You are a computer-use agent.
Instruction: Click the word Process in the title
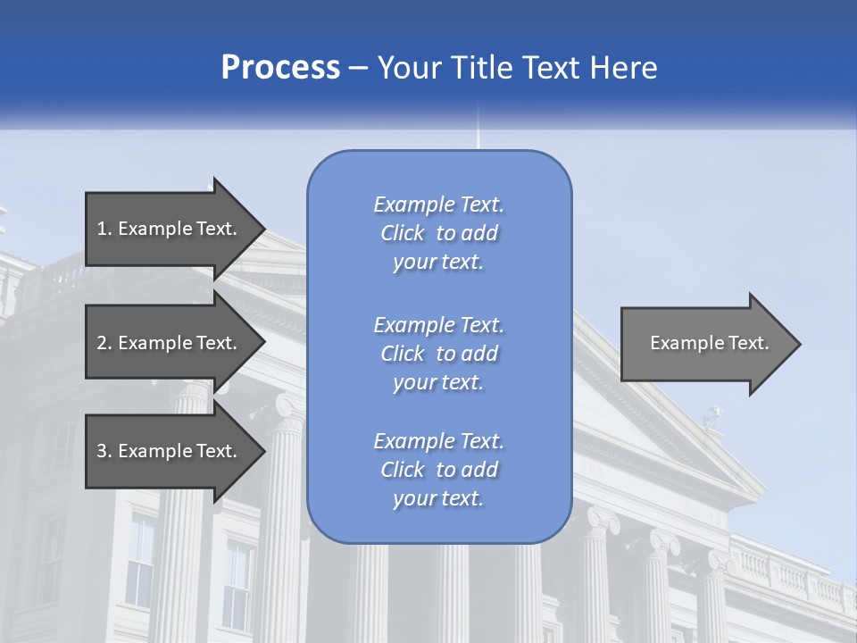pos(280,68)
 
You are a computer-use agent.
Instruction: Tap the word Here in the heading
pos(623,68)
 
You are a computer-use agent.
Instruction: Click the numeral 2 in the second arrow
pos(102,343)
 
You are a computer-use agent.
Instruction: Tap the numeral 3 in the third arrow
pos(102,451)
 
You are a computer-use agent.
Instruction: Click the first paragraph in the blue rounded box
pos(438,233)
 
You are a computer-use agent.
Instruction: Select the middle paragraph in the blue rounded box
pos(438,353)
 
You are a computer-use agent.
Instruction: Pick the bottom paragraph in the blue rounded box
pos(438,470)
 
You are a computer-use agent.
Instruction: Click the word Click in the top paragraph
pos(403,233)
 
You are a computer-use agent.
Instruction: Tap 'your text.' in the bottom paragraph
pos(438,498)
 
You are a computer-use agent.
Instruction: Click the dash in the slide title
pos(359,68)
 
